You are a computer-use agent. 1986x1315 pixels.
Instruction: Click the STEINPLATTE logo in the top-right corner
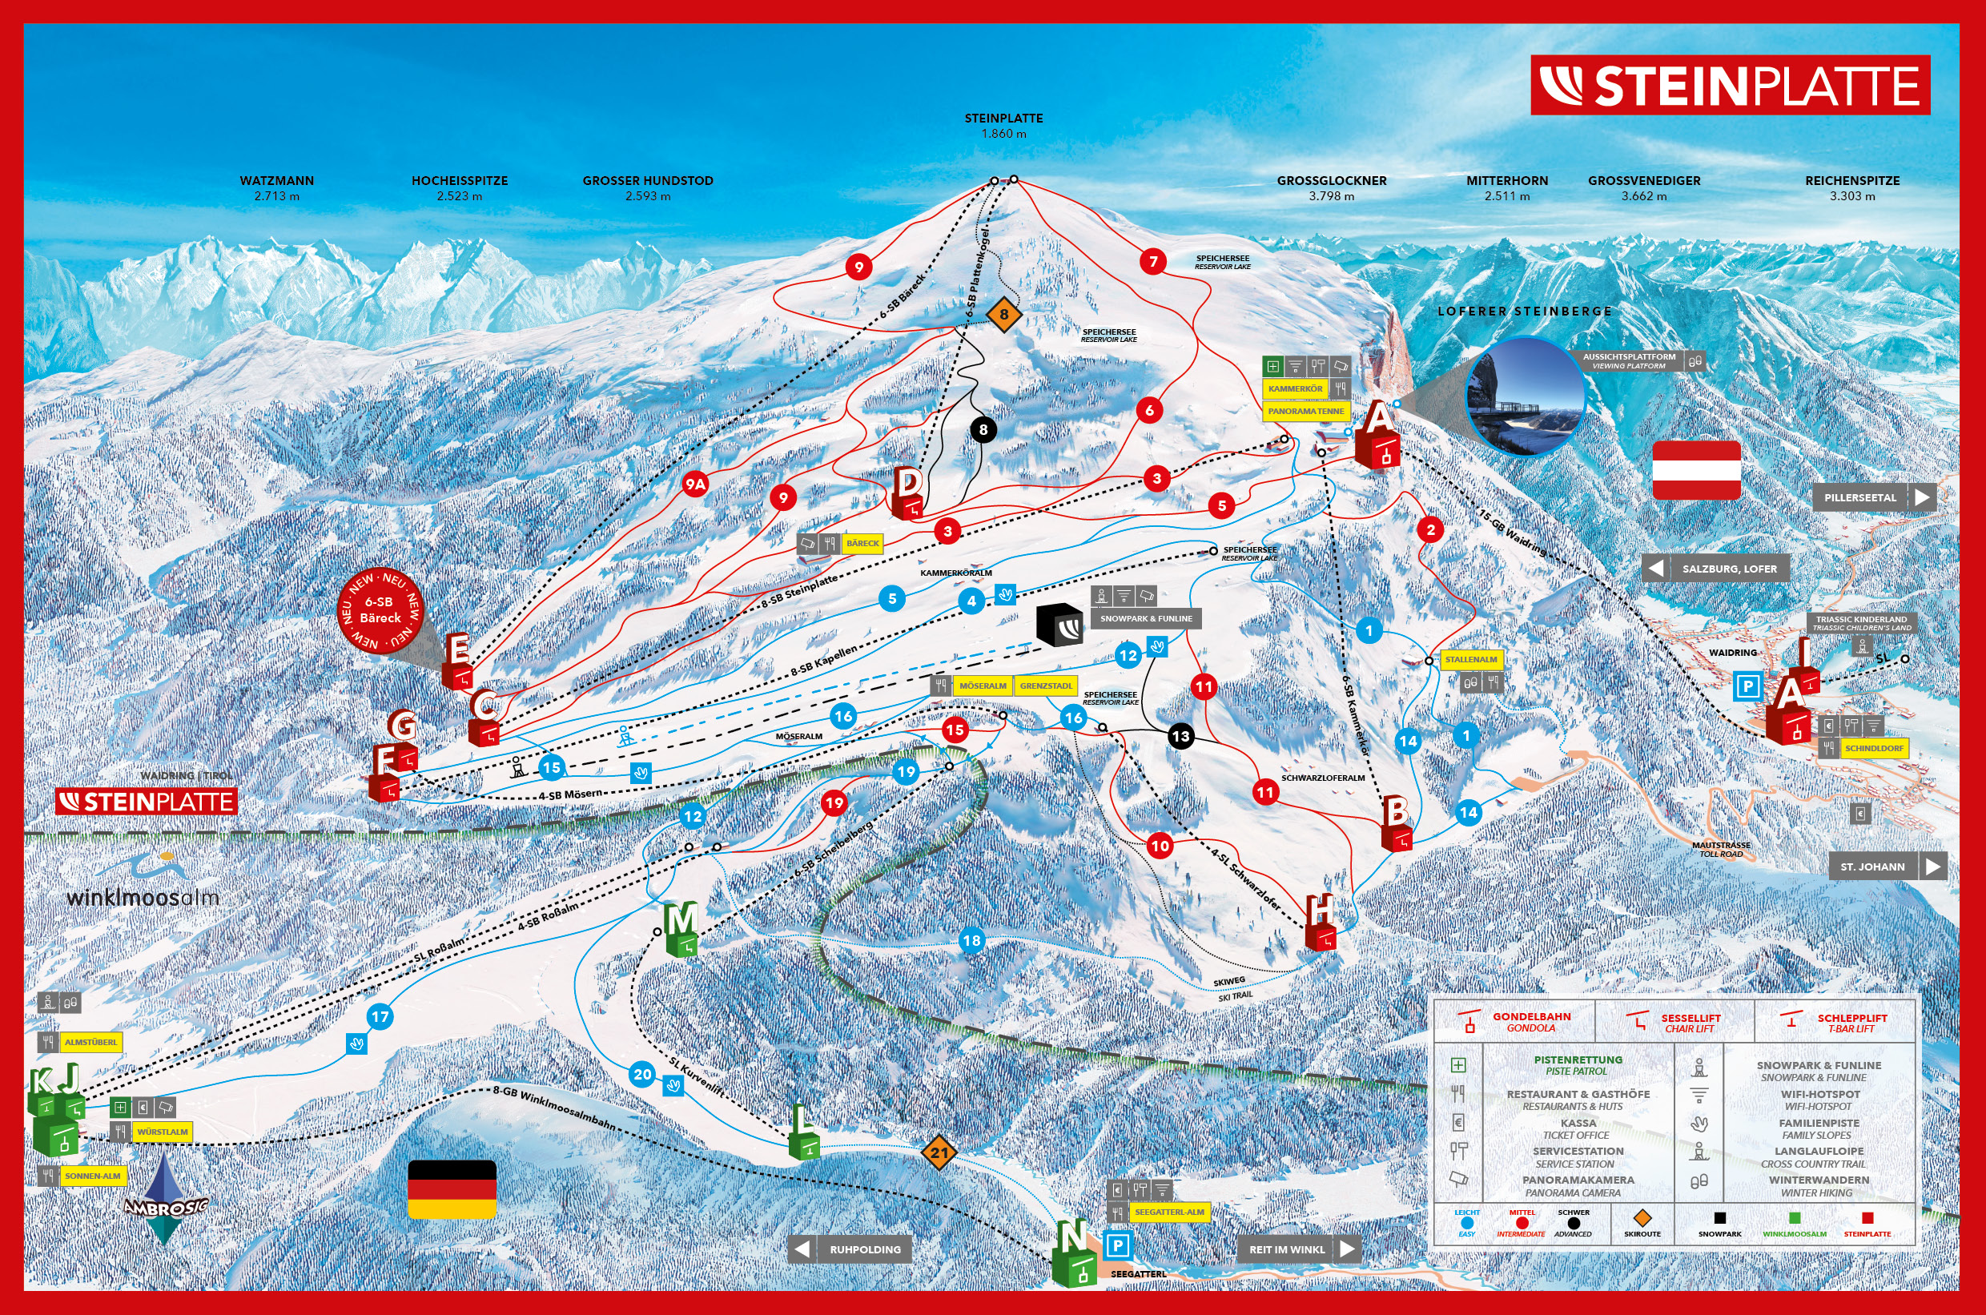[x=1730, y=86]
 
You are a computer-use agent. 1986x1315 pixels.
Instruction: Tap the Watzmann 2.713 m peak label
[x=277, y=188]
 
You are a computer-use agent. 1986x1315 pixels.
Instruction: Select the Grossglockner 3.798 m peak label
[x=1331, y=188]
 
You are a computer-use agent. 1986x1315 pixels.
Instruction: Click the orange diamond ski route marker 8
[x=1003, y=315]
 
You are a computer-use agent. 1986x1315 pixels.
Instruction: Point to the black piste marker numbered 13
[x=1180, y=736]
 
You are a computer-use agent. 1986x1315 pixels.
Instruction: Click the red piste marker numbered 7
[x=1153, y=261]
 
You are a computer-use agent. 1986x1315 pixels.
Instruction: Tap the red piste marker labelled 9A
[x=694, y=484]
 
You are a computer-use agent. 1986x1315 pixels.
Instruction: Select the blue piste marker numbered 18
[x=971, y=940]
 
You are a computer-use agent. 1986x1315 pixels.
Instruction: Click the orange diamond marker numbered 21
[x=939, y=1152]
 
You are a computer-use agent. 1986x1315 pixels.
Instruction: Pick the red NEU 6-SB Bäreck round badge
[x=380, y=609]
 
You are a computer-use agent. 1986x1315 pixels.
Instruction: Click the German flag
[x=451, y=1189]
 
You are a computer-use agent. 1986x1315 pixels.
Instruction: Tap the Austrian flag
[x=1696, y=469]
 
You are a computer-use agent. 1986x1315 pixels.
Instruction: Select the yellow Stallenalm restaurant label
[x=1471, y=659]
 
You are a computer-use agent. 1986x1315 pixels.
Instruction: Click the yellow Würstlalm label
[x=162, y=1132]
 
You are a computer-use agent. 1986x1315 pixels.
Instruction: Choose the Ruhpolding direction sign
[x=850, y=1249]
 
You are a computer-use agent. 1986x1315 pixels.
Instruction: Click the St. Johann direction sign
[x=1887, y=867]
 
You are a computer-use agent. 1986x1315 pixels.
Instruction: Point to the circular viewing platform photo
[x=1524, y=396]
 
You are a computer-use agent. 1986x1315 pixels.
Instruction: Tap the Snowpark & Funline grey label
[x=1146, y=618]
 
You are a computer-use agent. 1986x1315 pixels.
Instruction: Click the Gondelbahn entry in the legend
[x=1514, y=1021]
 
